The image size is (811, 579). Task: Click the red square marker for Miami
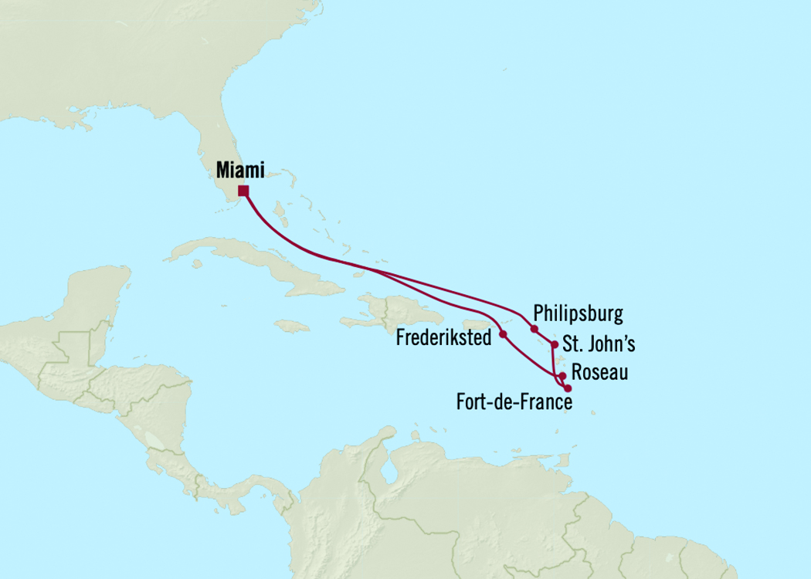pyautogui.click(x=243, y=191)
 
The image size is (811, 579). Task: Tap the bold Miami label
pyautogui.click(x=240, y=170)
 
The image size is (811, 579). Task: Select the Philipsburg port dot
pyautogui.click(x=534, y=329)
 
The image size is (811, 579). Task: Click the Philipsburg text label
pyautogui.click(x=578, y=314)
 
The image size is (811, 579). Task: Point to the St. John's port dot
pyautogui.click(x=554, y=344)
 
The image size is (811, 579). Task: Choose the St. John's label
pyautogui.click(x=601, y=343)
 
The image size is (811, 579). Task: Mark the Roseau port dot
pyautogui.click(x=563, y=377)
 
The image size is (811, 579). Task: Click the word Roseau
pyautogui.click(x=600, y=373)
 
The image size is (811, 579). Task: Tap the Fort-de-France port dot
pyautogui.click(x=568, y=388)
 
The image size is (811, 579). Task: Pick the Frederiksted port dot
pyautogui.click(x=503, y=334)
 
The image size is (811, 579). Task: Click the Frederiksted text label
pyautogui.click(x=443, y=337)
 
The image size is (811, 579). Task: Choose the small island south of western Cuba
pyautogui.click(x=196, y=264)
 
